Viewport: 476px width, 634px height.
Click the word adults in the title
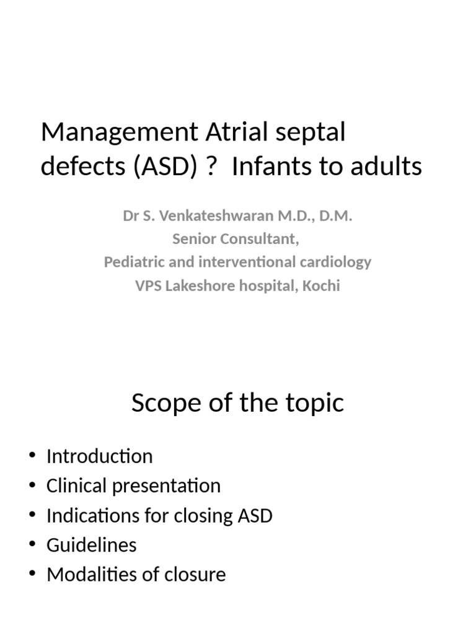coord(387,167)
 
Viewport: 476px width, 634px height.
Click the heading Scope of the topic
coord(237,403)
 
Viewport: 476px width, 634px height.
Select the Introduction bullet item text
coord(99,456)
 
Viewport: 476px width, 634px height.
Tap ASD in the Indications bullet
coord(254,516)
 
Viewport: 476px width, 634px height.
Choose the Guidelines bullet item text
coord(91,545)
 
